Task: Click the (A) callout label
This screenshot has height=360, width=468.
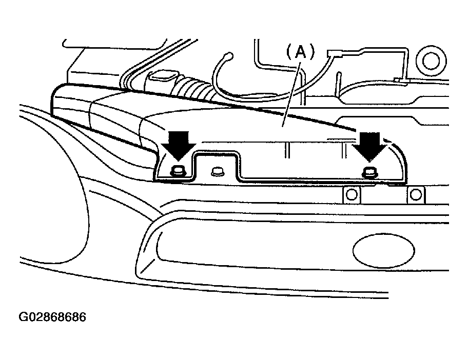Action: coord(301,52)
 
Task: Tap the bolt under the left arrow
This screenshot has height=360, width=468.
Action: coord(178,171)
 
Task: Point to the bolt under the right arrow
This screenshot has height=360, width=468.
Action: coord(369,172)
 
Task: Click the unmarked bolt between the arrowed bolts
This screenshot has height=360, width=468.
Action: coord(218,171)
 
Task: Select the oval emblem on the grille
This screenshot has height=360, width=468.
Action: coord(383,251)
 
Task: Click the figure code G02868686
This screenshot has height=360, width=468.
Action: coord(52,317)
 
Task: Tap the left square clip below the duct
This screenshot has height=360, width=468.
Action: coord(352,195)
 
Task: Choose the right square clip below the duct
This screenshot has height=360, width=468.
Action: coord(416,195)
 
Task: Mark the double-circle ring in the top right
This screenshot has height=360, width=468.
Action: coord(431,61)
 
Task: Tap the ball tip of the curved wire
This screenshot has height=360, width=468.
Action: coord(229,56)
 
